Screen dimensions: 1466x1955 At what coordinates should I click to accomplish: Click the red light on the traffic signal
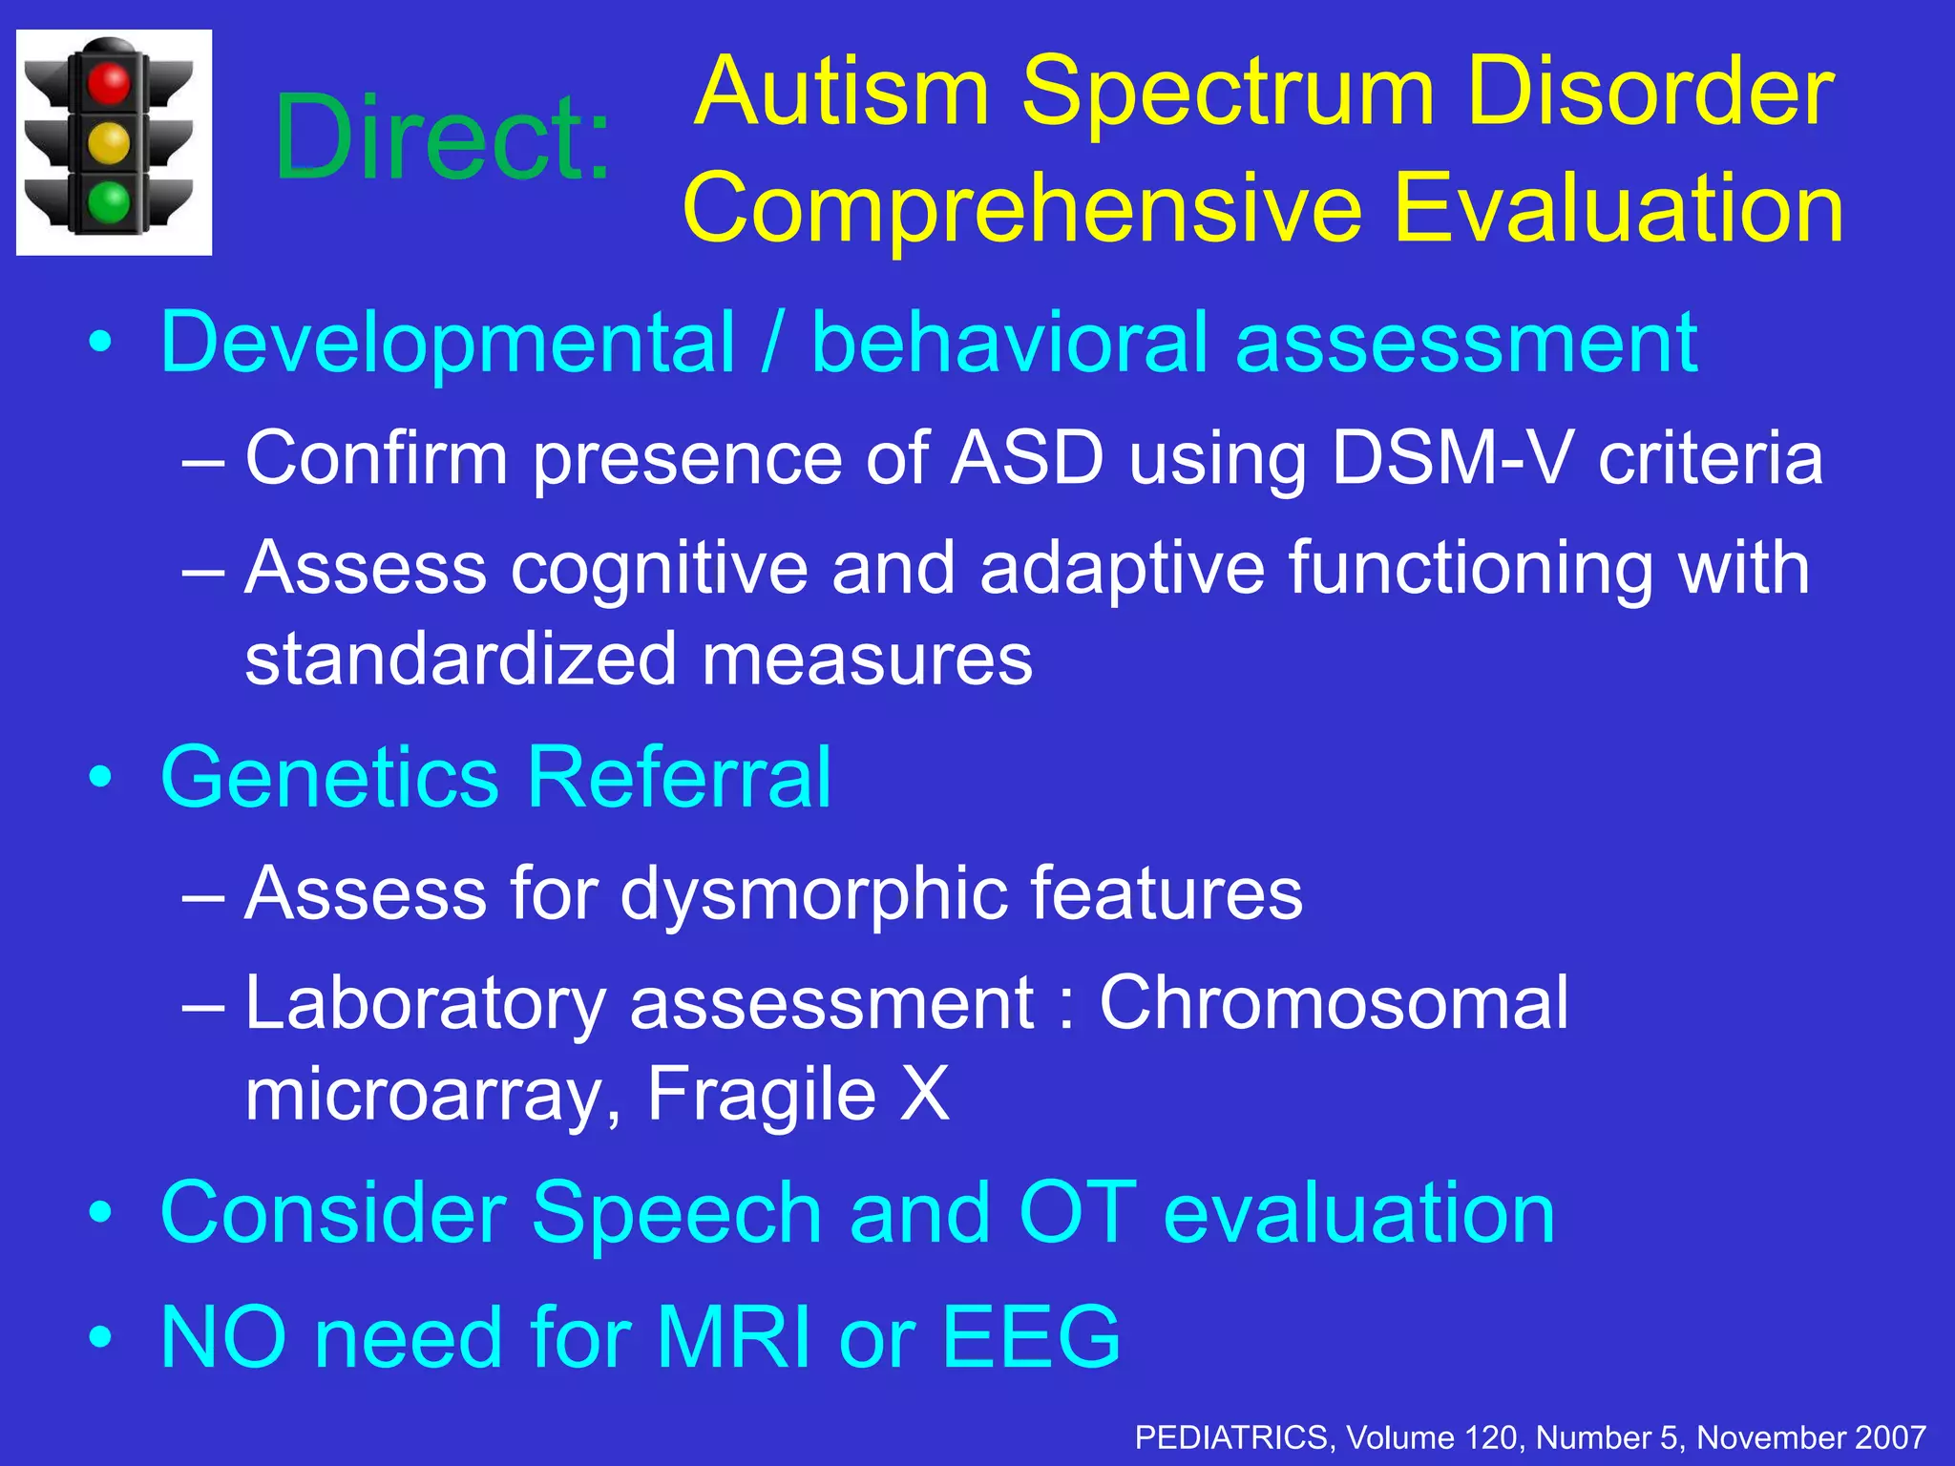coord(109,82)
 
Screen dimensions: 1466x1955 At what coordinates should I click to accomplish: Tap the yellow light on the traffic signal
coord(109,143)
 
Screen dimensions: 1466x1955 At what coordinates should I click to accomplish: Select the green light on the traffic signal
coord(109,202)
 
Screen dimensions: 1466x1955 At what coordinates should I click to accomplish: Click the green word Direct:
coord(442,138)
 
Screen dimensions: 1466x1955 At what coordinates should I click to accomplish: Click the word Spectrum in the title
coord(1228,93)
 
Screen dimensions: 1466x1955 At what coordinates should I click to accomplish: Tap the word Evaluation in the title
coord(1618,208)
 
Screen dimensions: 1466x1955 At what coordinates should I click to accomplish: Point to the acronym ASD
coord(1027,457)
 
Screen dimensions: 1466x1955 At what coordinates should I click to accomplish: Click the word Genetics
coord(329,777)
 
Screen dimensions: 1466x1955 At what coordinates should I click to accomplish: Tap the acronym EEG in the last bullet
coord(1030,1337)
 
